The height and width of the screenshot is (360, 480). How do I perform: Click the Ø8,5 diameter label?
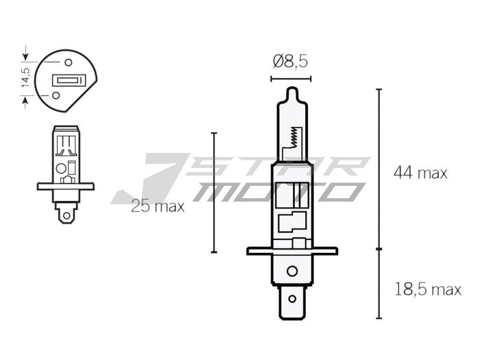coord(289,62)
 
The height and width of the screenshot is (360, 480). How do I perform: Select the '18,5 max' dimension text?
coord(427,289)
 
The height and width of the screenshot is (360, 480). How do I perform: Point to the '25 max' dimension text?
coord(158,206)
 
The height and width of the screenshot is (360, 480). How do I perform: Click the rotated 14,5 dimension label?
coord(25,77)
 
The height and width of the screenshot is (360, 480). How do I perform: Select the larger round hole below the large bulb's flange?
coord(291,270)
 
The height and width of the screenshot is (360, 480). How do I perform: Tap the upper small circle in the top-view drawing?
coord(49,62)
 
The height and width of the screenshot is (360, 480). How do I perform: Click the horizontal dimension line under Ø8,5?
coord(290,79)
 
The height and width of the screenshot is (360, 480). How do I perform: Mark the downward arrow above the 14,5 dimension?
coord(26,53)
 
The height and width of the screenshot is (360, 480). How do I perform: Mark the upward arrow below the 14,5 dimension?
coord(26,102)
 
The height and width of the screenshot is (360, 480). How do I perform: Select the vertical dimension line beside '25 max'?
coord(214,192)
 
